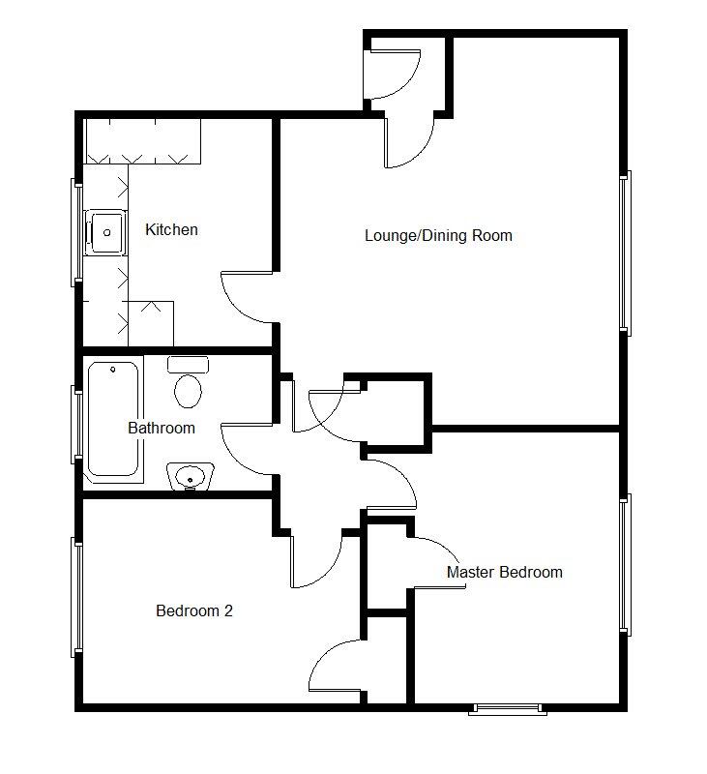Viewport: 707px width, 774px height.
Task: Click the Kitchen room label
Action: coord(171,229)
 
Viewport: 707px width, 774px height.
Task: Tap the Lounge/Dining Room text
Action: coord(438,235)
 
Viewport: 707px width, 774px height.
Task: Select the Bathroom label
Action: coord(162,428)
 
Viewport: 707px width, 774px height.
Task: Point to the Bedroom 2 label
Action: coord(194,610)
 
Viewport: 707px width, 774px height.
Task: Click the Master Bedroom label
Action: coord(504,572)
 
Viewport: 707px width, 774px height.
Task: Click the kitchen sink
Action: coord(105,232)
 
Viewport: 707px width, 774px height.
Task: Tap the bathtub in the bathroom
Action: coord(114,421)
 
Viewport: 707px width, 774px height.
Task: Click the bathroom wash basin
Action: coord(190,477)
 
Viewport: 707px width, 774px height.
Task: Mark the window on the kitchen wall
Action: coord(75,232)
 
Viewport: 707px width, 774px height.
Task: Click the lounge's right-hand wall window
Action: coord(625,253)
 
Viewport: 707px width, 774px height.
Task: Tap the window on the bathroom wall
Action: coord(75,422)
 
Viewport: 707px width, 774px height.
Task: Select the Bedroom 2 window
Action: coord(75,597)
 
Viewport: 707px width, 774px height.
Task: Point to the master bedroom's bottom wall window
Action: coord(508,709)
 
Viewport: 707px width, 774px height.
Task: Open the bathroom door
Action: coord(247,450)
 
